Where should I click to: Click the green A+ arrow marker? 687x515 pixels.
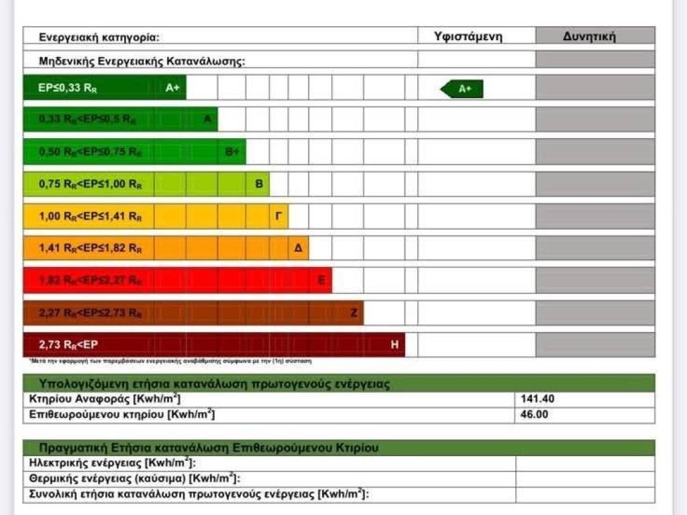coord(462,89)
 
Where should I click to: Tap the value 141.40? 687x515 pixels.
coord(537,399)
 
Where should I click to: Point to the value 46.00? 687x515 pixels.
coord(535,414)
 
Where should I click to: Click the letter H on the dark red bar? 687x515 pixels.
coord(394,345)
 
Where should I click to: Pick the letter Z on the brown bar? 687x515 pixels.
coord(354,313)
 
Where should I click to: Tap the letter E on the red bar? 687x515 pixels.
coord(321,281)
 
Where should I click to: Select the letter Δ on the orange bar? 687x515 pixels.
coord(298,249)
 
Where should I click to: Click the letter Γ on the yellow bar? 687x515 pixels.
coord(278,217)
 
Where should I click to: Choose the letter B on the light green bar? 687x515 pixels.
coord(259,184)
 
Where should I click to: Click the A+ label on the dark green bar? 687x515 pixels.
coord(172,88)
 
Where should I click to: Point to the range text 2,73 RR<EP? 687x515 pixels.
coord(69,345)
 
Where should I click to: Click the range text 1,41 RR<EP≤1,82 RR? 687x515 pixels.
coord(91,249)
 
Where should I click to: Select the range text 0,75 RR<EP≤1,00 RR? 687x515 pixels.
coord(91,184)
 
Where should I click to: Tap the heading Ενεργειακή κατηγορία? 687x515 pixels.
coord(99,38)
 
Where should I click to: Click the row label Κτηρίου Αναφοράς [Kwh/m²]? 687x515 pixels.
coord(105,399)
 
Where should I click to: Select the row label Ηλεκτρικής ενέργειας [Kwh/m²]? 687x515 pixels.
coord(112,463)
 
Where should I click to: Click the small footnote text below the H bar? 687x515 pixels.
coord(170,361)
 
